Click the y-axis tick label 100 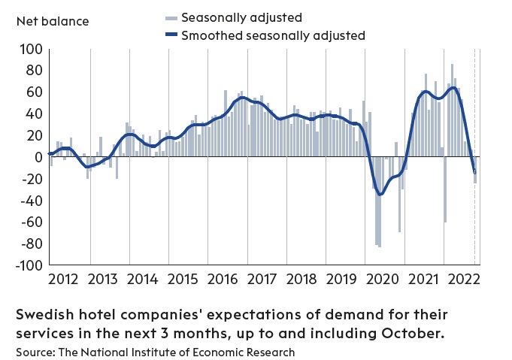29,50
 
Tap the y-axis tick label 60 32,92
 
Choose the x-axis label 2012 62,280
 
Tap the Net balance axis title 53,20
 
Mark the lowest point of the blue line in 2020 380,195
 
